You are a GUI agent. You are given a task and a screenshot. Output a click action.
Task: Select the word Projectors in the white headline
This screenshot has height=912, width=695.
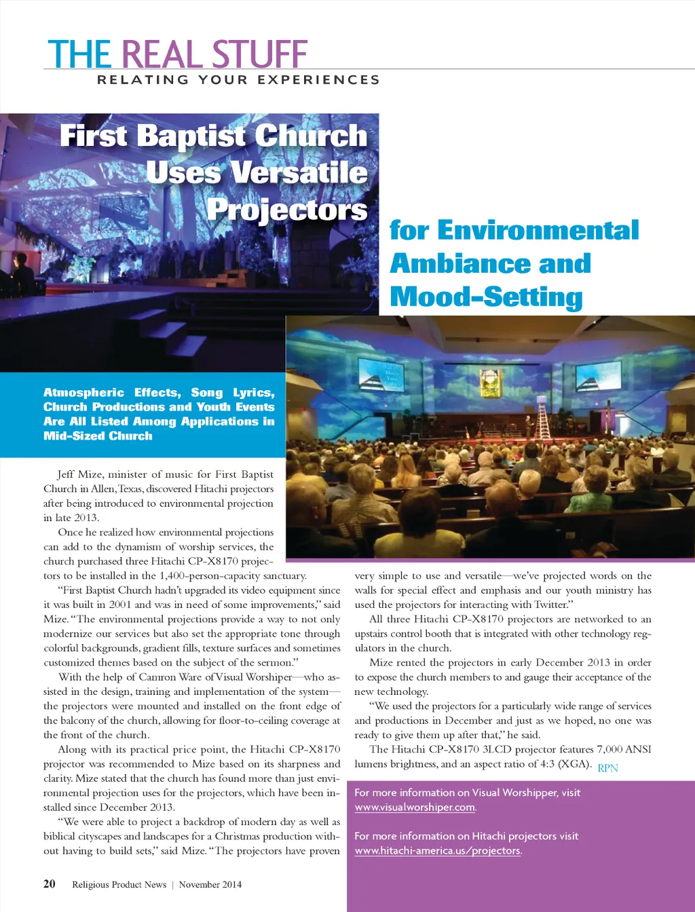[286, 209]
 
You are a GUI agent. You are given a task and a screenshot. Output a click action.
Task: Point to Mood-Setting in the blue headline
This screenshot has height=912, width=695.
[486, 297]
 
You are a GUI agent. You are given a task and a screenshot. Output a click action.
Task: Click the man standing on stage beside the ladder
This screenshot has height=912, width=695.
[529, 426]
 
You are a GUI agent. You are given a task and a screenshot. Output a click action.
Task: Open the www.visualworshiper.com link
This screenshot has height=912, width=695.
[415, 807]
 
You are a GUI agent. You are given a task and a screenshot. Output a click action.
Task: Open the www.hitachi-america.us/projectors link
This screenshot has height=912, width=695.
[438, 851]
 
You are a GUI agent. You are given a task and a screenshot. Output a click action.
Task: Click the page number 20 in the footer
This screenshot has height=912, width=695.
[50, 883]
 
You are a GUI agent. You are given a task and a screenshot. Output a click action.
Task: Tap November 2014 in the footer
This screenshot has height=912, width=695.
[210, 884]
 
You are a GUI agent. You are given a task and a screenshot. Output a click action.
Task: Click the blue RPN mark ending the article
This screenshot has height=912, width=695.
[607, 768]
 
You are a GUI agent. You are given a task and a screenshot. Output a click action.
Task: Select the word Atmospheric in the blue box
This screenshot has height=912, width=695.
[83, 392]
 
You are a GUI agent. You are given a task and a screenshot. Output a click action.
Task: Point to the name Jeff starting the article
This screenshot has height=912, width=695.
[65, 474]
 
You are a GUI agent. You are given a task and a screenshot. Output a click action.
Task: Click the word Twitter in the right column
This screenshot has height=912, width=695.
[551, 605]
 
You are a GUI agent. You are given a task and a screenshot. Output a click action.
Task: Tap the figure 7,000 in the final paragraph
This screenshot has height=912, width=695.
[609, 749]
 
